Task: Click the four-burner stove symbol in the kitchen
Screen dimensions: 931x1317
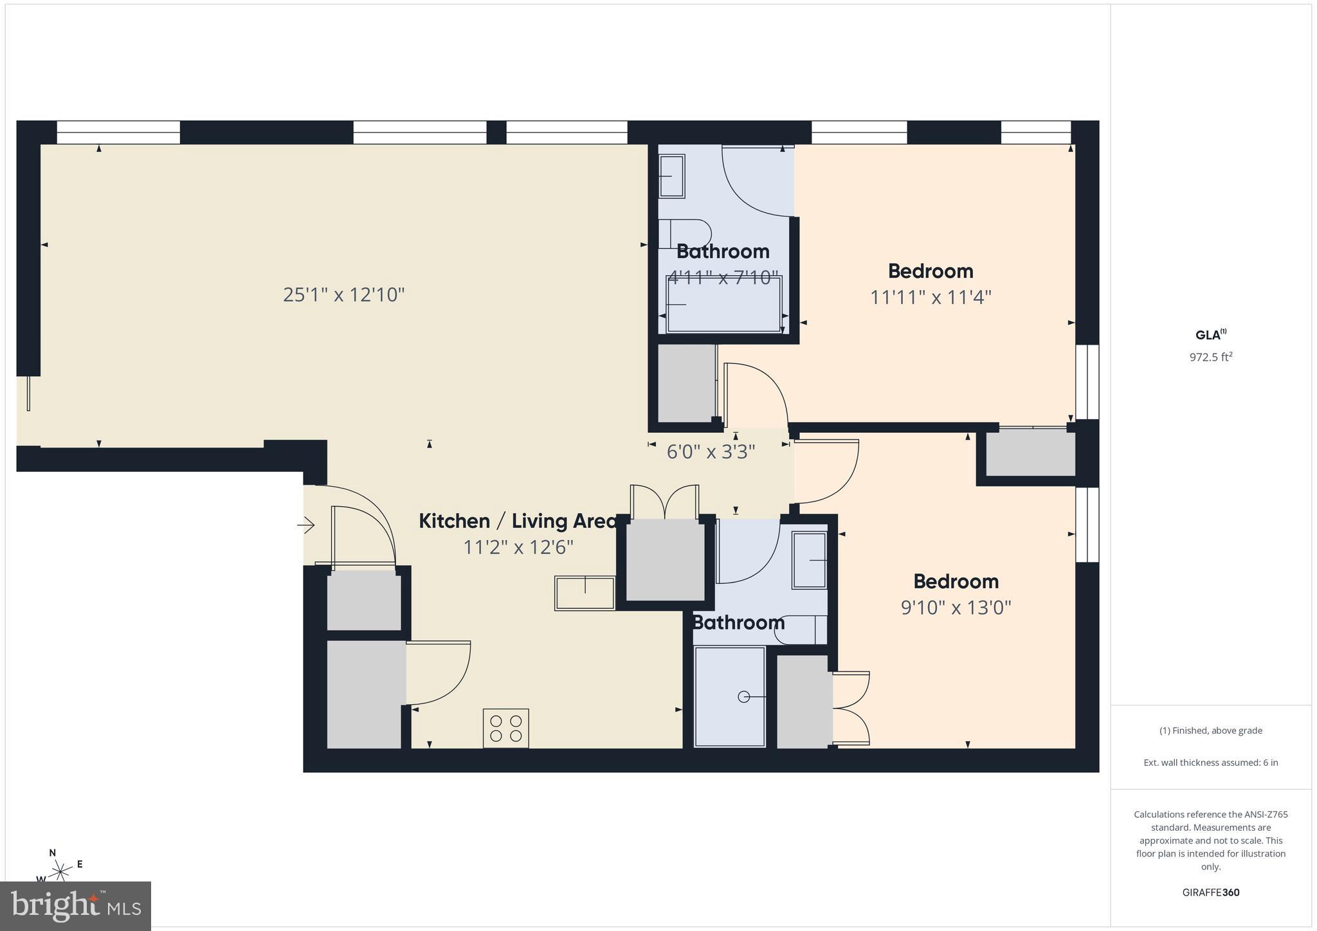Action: [506, 728]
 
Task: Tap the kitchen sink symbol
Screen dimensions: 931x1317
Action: [585, 593]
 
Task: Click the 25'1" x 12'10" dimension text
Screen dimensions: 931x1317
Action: [344, 294]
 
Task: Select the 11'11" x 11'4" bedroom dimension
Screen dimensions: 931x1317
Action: [931, 298]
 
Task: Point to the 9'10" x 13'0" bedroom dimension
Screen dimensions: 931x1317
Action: [956, 608]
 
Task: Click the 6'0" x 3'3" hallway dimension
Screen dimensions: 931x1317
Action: [711, 452]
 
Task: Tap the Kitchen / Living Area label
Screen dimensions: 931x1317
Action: [518, 521]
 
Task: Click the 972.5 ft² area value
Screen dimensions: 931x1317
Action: [1211, 357]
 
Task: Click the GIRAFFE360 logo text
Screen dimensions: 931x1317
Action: [1211, 892]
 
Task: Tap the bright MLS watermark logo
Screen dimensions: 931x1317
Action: [76, 905]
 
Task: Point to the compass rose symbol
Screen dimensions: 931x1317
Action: [61, 871]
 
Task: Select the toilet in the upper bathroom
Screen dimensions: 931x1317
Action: [686, 234]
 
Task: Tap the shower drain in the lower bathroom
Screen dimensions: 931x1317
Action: [744, 697]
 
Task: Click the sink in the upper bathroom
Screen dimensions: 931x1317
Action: [671, 176]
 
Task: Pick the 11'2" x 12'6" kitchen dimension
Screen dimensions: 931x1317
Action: [518, 547]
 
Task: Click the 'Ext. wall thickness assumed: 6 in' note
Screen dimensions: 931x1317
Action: [1211, 763]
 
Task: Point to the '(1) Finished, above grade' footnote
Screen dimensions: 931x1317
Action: [1211, 730]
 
